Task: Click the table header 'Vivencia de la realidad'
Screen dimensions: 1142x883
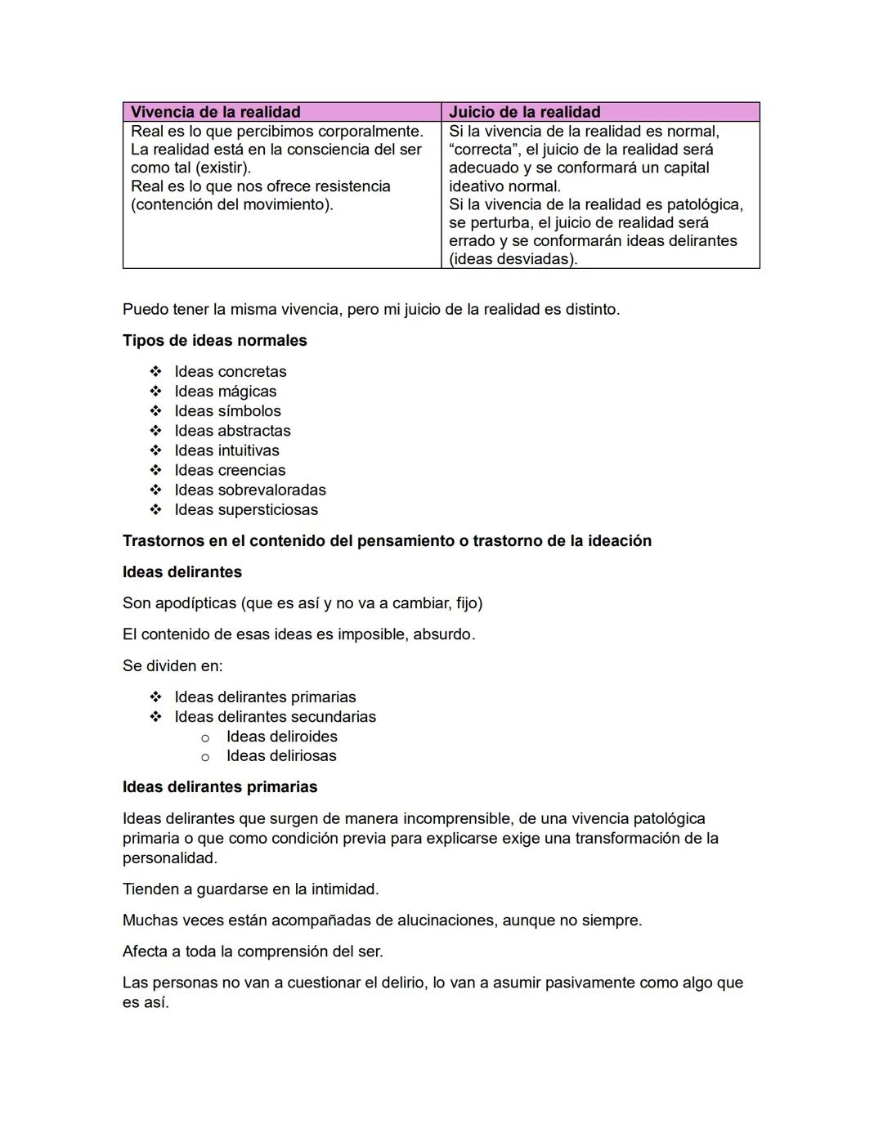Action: tap(215, 112)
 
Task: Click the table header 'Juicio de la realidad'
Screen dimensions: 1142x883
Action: tap(524, 112)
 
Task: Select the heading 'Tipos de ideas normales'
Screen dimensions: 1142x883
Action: tap(214, 341)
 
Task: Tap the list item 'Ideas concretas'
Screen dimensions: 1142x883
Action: tap(230, 372)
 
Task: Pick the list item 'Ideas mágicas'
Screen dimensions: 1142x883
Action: tap(225, 392)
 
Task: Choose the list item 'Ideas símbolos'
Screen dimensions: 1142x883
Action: tap(227, 411)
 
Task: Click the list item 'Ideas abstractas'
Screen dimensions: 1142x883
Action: tap(232, 431)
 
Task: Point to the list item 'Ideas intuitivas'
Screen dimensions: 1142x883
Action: tap(226, 450)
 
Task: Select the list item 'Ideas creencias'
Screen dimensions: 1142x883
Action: tap(230, 470)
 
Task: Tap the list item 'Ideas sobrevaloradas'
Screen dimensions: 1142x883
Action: tap(249, 490)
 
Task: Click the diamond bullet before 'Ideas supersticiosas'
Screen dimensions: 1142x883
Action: tap(155, 510)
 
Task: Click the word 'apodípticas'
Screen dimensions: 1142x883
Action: tap(196, 603)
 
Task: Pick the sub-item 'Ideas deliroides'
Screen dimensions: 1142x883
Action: tap(281, 737)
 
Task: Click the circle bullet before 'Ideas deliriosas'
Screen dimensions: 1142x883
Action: tap(205, 757)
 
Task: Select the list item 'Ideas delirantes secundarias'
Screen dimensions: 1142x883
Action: tap(275, 717)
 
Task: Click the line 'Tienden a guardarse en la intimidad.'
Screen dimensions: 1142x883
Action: tap(250, 889)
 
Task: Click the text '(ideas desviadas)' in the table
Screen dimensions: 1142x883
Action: tap(513, 259)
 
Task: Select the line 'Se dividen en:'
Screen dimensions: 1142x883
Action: tap(172, 666)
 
